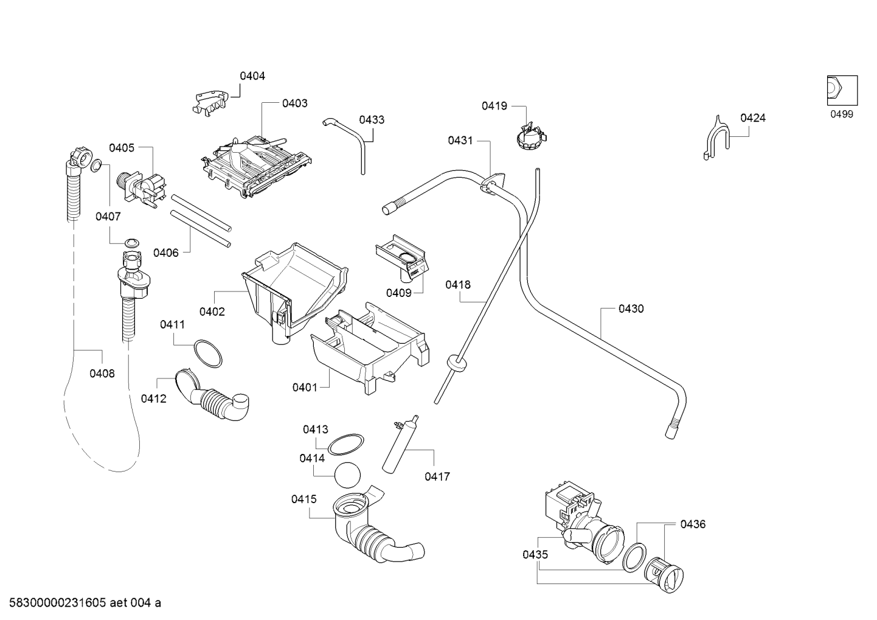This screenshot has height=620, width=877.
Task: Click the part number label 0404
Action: coord(252,76)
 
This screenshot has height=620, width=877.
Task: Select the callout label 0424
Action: coord(752,118)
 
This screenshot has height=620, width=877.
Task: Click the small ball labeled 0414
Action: coord(347,475)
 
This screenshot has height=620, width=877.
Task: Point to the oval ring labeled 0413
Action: coord(345,444)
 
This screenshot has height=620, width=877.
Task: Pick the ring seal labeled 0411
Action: coord(208,354)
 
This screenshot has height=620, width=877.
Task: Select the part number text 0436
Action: coord(693,524)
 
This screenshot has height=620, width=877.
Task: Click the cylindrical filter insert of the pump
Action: coord(664,575)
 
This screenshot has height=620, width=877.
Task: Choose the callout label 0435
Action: coord(535,554)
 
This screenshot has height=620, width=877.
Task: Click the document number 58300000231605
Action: coord(57,603)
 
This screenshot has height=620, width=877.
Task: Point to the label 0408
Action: coord(102,374)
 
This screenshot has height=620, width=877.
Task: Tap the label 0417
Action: coord(437,476)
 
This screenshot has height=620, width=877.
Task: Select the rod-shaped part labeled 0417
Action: coord(401,444)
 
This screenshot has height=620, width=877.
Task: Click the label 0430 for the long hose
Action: coord(631,309)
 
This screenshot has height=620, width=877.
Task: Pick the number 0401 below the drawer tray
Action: coord(305,388)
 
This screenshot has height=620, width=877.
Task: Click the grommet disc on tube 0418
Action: coord(456,363)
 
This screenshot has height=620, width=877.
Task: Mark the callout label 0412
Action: coord(153,399)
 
